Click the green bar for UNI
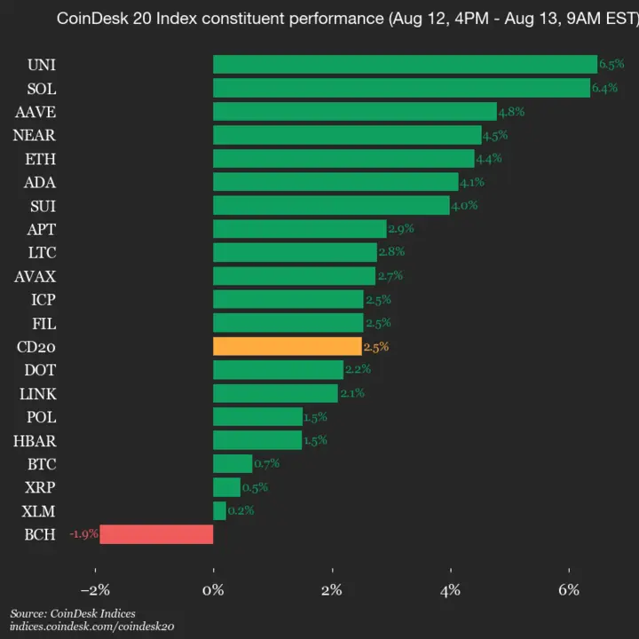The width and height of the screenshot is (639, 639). coord(405,64)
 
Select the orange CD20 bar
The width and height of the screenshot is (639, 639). coord(288,346)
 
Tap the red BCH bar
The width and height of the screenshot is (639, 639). coord(156,533)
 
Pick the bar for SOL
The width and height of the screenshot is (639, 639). coord(401,88)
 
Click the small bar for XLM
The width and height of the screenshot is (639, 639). coord(219,510)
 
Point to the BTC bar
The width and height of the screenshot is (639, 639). coord(233,463)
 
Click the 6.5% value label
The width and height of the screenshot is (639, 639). coord(611,64)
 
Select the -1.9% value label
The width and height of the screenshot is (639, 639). coord(83,533)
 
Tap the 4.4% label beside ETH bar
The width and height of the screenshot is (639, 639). coord(489,158)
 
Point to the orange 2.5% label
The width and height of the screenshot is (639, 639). coord(376,346)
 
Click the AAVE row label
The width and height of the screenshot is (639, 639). coord(35,111)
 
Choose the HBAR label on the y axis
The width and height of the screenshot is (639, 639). coord(35,440)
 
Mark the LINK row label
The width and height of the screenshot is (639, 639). coord(36,393)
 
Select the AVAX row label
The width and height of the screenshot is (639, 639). coord(35,275)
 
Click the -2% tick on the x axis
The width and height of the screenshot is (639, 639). coord(94,589)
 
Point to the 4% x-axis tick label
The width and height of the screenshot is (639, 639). coord(451,589)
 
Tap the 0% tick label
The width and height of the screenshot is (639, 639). coord(213,589)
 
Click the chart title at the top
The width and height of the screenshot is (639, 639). coord(347,19)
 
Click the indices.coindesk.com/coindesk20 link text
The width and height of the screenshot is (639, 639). coord(91,627)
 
